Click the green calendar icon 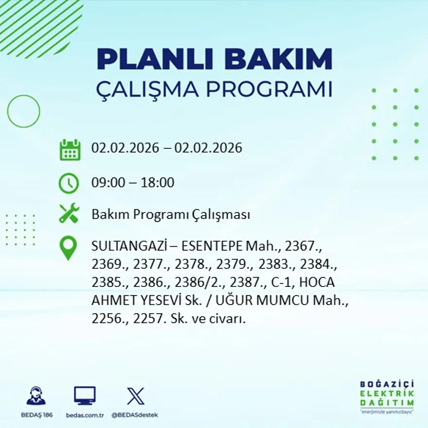point(70,149)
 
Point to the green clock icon point(69,183)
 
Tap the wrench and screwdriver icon point(69,214)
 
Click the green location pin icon point(68,247)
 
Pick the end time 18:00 point(158,183)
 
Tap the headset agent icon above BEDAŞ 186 point(36,396)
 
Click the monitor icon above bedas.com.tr point(85,395)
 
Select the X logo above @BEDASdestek point(135,396)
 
